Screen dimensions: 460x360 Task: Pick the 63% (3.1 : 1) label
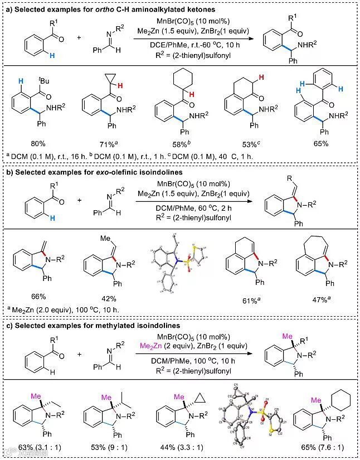click(x=42, y=446)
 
